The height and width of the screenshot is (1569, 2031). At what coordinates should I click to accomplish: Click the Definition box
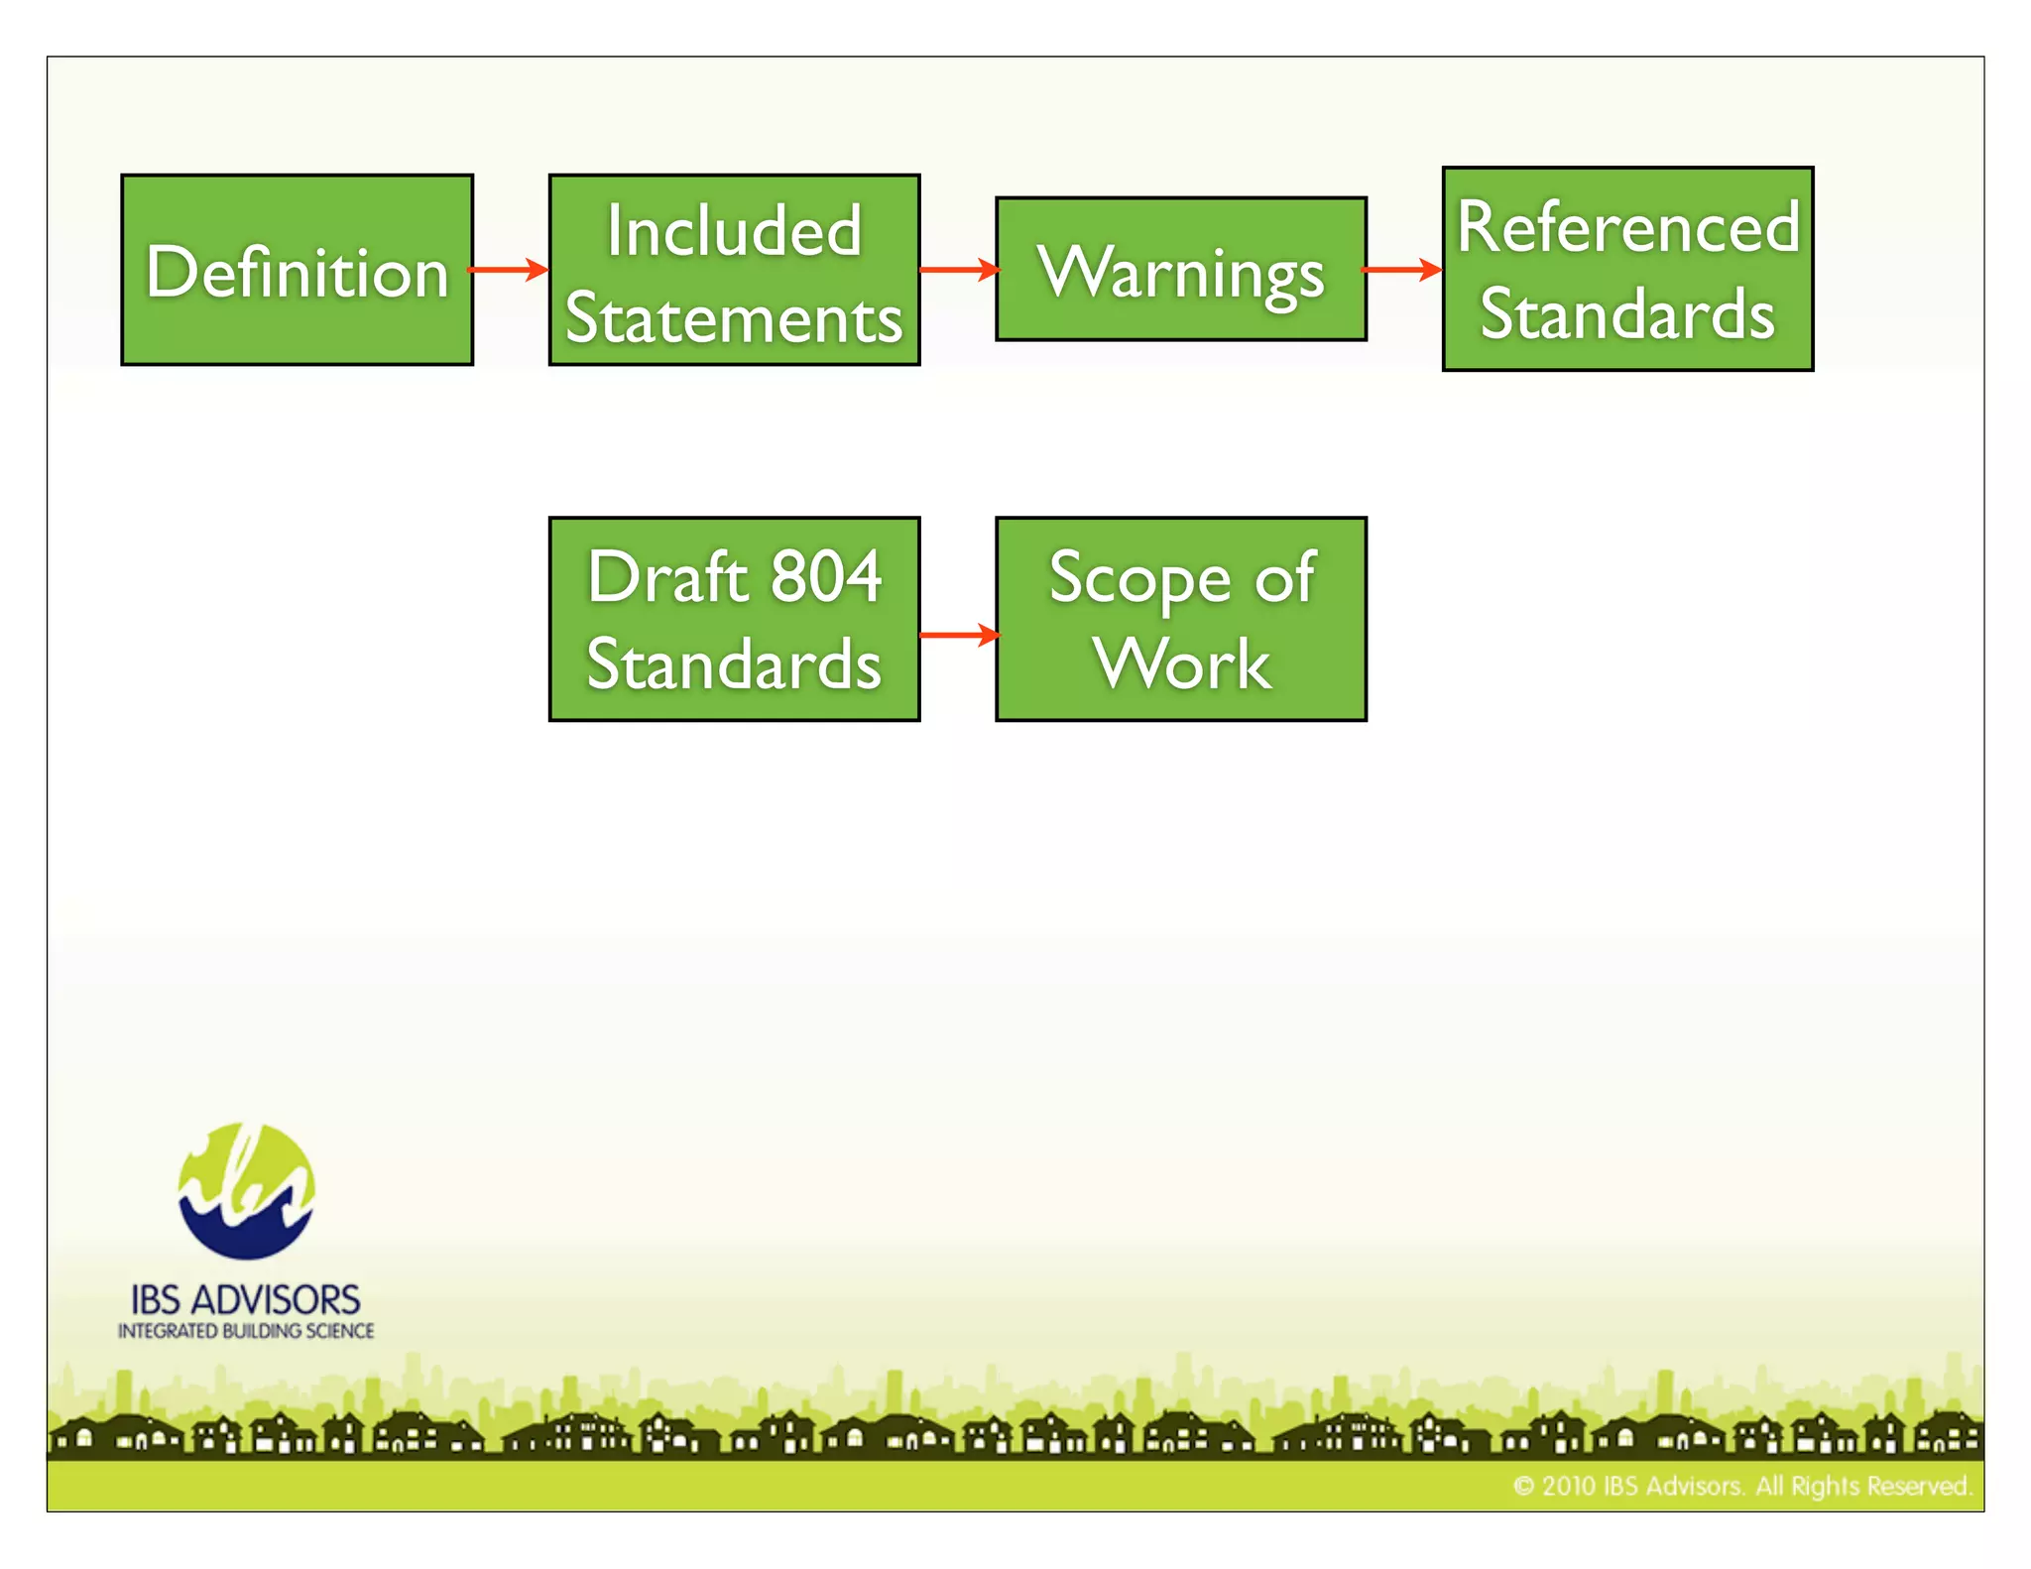coord(297,270)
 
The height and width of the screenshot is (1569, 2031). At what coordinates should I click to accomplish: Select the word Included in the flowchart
coord(734,231)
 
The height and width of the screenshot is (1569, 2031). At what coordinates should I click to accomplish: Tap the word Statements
coord(734,318)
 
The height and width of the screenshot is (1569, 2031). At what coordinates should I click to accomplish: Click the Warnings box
coord(1180,270)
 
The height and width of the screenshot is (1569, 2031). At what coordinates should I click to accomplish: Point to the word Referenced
coord(1627,227)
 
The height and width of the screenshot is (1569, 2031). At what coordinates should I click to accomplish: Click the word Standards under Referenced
coord(1627,314)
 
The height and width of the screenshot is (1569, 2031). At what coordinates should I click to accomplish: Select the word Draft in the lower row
coord(666,576)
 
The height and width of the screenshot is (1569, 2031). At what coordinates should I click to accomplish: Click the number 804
coord(826,576)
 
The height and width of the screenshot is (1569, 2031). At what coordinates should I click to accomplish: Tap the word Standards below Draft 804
coord(734,664)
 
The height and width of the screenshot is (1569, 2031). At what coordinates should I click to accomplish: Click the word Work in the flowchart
coord(1182,664)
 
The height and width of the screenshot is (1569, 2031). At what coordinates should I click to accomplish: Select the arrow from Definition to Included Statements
coord(509,269)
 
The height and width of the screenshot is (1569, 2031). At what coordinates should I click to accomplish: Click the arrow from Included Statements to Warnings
coord(959,269)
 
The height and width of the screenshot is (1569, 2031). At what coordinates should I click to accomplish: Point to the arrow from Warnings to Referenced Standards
coord(1402,269)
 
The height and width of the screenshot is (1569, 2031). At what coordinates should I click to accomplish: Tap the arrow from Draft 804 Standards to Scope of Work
coord(959,635)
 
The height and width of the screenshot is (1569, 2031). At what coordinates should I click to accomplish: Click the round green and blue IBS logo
coord(246,1191)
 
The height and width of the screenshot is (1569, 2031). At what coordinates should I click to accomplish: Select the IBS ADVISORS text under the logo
coord(246,1299)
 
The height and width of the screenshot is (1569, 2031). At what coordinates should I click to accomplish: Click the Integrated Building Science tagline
coord(246,1331)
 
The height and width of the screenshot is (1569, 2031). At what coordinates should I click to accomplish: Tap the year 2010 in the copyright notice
coord(1568,1486)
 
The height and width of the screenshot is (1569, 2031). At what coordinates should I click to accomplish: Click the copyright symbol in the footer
coord(1523,1486)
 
